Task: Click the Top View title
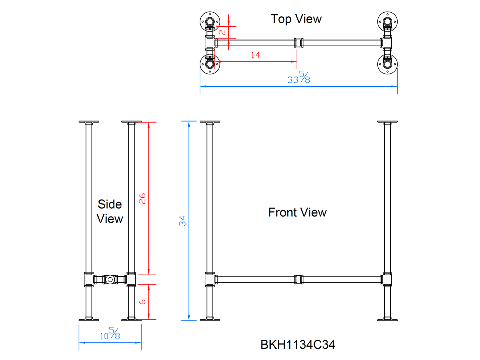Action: click(296, 19)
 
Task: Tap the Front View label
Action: click(297, 212)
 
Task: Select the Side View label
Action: click(110, 212)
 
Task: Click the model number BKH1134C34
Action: click(298, 345)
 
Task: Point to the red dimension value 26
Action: click(142, 199)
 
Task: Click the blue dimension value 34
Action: click(182, 221)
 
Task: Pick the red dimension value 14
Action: click(255, 55)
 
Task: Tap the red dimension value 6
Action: click(142, 302)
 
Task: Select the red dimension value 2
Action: click(222, 32)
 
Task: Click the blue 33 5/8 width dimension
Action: click(299, 77)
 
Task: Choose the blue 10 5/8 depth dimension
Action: click(110, 334)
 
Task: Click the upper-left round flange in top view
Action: click(210, 22)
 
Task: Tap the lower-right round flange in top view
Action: click(387, 64)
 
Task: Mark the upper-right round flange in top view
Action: click(387, 22)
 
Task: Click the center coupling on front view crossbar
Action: click(299, 280)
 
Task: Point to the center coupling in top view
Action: click(299, 43)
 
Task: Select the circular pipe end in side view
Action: click(110, 280)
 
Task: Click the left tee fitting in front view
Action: click(210, 280)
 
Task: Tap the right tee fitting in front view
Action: click(387, 280)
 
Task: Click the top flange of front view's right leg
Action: click(387, 122)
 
